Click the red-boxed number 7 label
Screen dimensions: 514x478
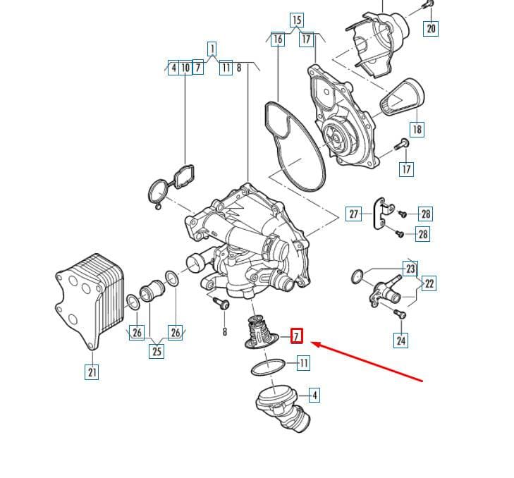click(x=297, y=336)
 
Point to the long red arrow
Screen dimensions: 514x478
click(x=367, y=362)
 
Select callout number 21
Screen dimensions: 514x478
click(x=92, y=372)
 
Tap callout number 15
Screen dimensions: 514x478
click(x=297, y=20)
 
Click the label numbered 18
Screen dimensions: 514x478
click(x=417, y=129)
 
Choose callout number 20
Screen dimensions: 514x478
click(x=431, y=28)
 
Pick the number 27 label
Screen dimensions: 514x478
click(x=353, y=214)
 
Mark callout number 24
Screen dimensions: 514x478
click(x=401, y=340)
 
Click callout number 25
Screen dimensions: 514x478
click(x=157, y=351)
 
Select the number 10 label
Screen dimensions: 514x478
click(x=185, y=68)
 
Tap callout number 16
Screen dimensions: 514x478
click(x=278, y=39)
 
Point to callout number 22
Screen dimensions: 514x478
click(x=429, y=283)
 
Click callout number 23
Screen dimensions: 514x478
click(x=410, y=269)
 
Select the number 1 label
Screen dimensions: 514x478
click(x=212, y=49)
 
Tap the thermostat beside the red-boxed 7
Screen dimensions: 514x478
click(x=262, y=332)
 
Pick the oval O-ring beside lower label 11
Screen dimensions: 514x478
click(x=268, y=367)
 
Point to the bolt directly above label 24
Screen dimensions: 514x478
click(x=400, y=314)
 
